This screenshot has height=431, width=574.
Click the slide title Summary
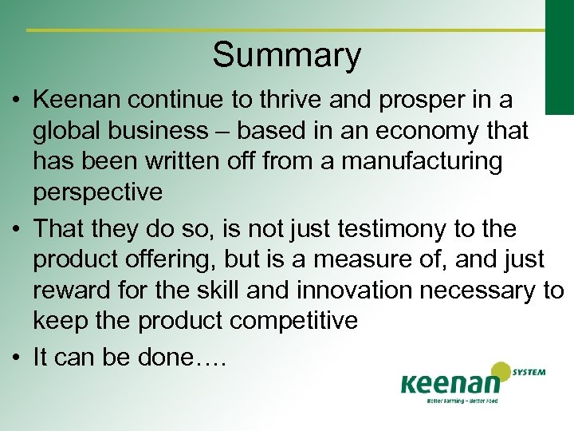(286, 56)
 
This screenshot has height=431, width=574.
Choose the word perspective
(97, 192)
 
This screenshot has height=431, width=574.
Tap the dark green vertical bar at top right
(559, 56)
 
